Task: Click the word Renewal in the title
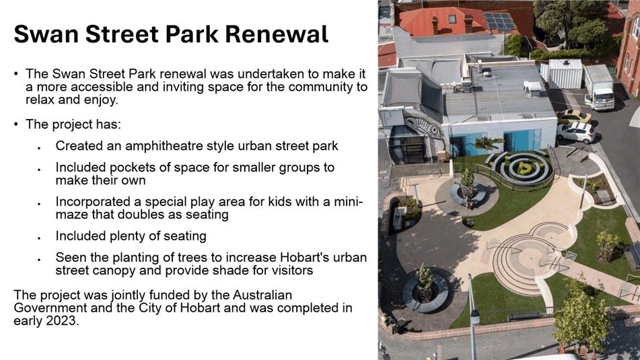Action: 277,34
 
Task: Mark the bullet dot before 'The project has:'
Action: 16,124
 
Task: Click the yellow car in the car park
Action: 574,116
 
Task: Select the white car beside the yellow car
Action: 576,133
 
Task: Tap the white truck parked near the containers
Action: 599,87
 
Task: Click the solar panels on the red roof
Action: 499,22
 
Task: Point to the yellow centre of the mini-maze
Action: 524,168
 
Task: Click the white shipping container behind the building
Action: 565,73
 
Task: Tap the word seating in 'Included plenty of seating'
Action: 185,236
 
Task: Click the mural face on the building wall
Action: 424,125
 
